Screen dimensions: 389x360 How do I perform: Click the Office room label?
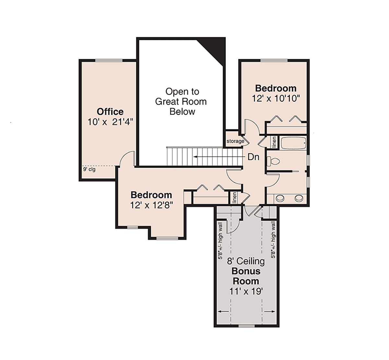110,112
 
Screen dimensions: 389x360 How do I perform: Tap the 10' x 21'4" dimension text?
110,122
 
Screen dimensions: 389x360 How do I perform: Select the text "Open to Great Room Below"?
181,102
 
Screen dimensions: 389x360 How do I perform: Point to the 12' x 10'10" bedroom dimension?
276,99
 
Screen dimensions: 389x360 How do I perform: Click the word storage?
235,141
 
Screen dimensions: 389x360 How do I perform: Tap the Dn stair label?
253,157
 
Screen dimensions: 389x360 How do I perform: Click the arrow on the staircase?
219,157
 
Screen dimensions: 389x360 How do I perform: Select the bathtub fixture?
293,143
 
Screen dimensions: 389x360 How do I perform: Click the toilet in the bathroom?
274,161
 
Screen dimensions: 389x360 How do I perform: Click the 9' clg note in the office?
89,169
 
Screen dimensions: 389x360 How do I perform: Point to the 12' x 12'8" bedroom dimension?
152,205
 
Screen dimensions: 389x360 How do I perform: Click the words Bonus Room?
246,276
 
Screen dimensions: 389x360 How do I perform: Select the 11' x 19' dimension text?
246,292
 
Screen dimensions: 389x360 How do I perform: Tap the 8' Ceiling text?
246,261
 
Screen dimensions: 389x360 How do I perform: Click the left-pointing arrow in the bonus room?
223,311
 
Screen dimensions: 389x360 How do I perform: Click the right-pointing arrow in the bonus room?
270,311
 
